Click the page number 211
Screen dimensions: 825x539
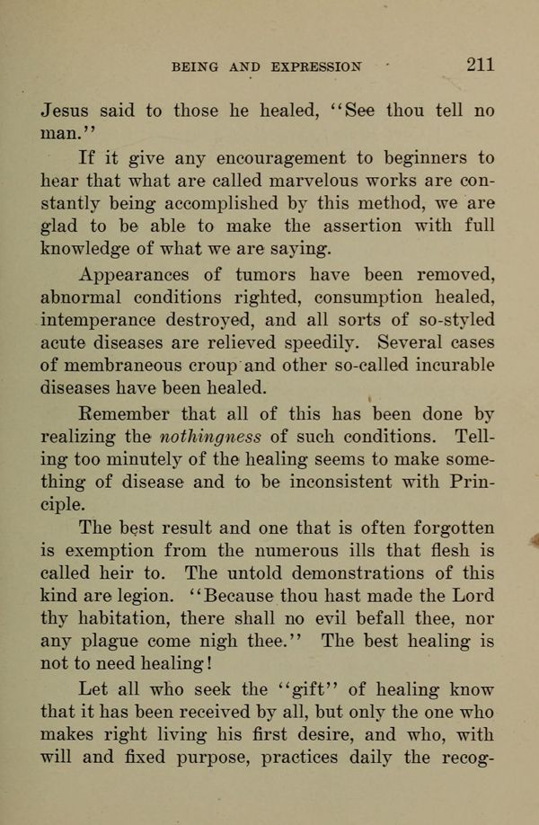480,64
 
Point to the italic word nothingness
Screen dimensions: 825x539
210,437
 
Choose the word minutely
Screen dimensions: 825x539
160,460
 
